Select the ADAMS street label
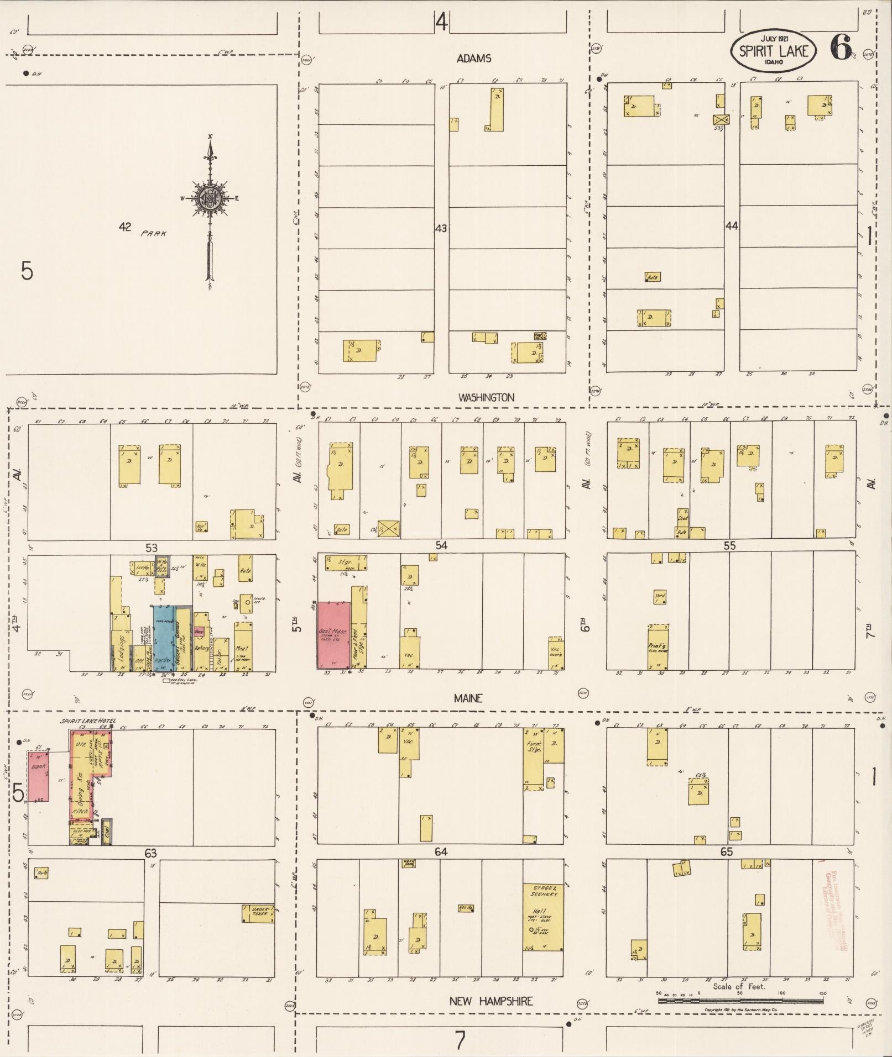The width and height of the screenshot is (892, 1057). (474, 59)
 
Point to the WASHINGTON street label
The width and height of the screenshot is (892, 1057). (487, 397)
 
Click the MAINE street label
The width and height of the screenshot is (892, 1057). (468, 698)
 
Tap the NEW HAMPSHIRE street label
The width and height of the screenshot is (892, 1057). (491, 1001)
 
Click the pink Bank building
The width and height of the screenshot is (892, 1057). (39, 776)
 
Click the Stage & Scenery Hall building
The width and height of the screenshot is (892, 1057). (543, 917)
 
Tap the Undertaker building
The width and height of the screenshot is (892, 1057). (258, 913)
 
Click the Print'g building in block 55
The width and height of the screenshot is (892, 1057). (659, 646)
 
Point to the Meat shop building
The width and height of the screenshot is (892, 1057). (243, 646)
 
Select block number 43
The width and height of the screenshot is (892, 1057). (441, 228)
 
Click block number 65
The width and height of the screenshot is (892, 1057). (726, 853)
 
